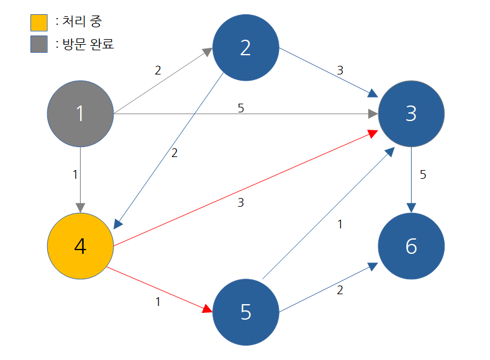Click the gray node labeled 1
click(80, 114)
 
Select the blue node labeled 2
click(245, 48)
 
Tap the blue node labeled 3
click(411, 114)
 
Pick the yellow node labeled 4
click(80, 246)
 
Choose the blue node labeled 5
click(245, 312)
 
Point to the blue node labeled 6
click(411, 246)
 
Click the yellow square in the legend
click(39, 22)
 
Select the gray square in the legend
click(39, 44)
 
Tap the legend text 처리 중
click(82, 22)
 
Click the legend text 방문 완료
click(88, 44)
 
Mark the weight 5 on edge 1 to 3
click(241, 108)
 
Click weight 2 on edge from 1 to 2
click(158, 70)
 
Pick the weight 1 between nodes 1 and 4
click(75, 174)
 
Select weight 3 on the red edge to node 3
click(241, 202)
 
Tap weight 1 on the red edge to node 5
click(158, 302)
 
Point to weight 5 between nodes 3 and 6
click(423, 174)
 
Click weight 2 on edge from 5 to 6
click(340, 289)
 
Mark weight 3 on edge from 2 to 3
click(340, 70)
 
